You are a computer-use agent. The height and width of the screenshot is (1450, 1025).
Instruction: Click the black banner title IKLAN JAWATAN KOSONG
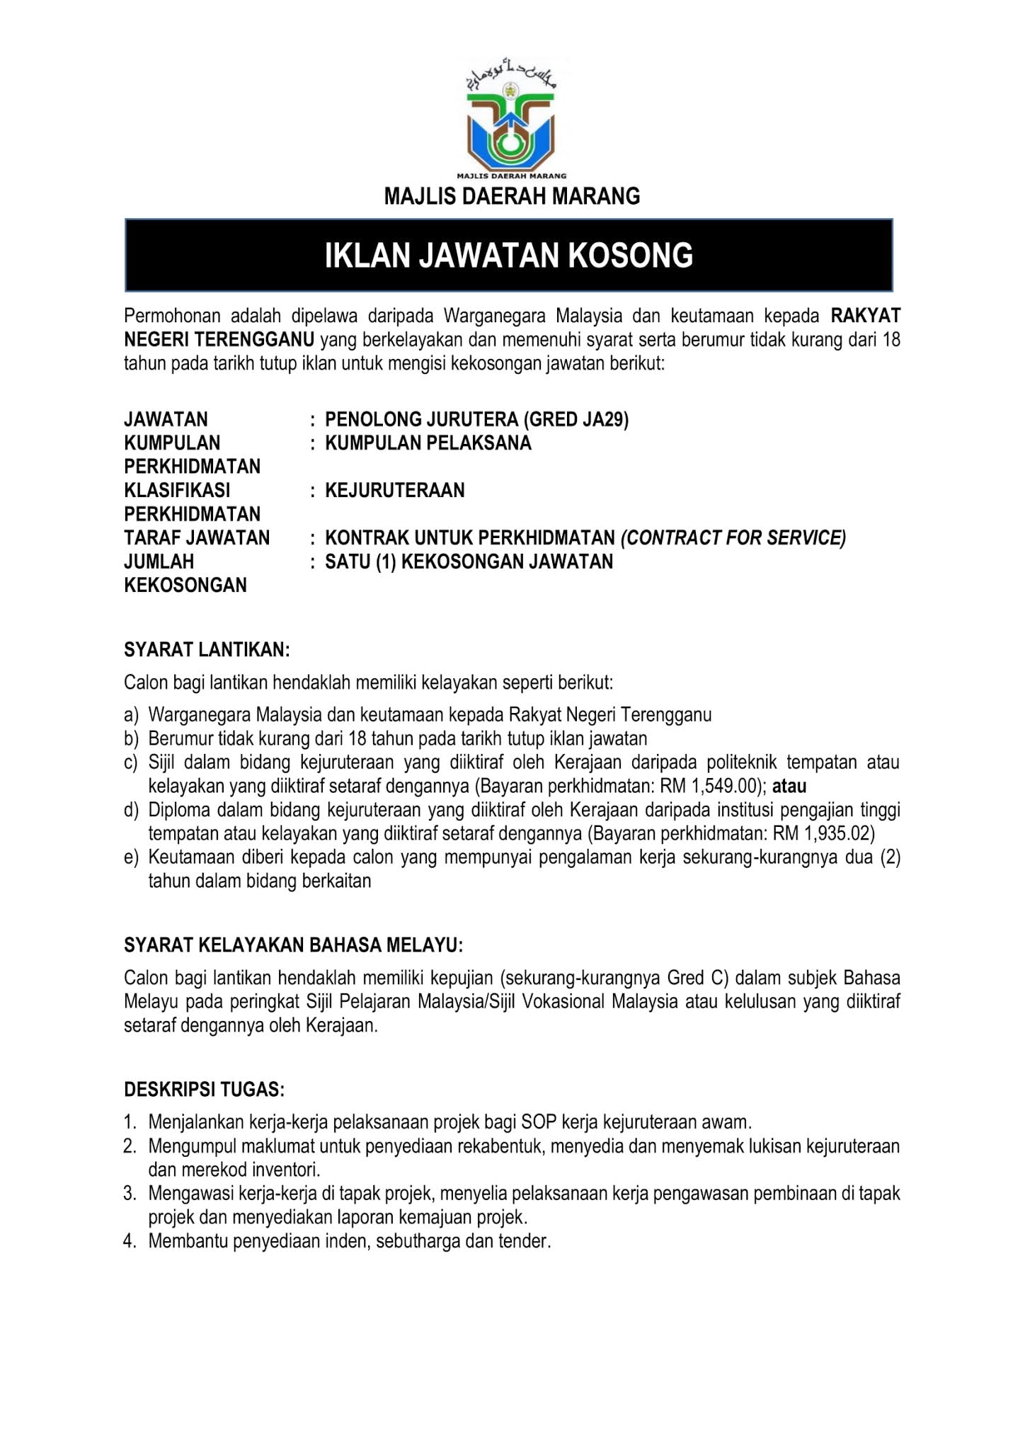click(x=509, y=256)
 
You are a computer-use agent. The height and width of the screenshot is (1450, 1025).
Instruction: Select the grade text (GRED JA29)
click(x=576, y=420)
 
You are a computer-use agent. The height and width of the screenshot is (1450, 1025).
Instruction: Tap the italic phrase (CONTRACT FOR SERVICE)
click(x=733, y=538)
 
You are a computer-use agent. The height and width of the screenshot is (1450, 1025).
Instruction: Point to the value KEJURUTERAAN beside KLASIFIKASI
click(x=395, y=491)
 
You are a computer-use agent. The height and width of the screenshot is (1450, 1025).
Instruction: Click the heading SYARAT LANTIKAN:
click(x=207, y=650)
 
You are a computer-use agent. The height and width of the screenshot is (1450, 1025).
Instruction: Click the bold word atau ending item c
click(x=789, y=786)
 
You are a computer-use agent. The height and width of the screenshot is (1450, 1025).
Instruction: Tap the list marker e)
click(x=131, y=857)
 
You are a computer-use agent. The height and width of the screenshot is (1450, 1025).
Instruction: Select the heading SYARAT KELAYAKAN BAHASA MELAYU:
click(x=294, y=945)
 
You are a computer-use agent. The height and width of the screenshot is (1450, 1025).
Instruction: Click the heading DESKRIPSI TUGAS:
click(x=204, y=1089)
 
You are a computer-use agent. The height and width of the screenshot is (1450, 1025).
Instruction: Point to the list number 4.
click(x=129, y=1241)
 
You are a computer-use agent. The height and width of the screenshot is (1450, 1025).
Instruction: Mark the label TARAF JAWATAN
click(x=197, y=538)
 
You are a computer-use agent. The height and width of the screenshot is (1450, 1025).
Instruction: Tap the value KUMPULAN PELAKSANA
click(x=428, y=443)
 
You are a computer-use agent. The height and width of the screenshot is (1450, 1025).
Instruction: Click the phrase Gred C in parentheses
click(x=696, y=978)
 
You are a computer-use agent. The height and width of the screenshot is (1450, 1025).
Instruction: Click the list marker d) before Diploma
click(x=131, y=810)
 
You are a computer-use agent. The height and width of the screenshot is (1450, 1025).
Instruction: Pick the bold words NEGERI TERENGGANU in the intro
click(x=219, y=340)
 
